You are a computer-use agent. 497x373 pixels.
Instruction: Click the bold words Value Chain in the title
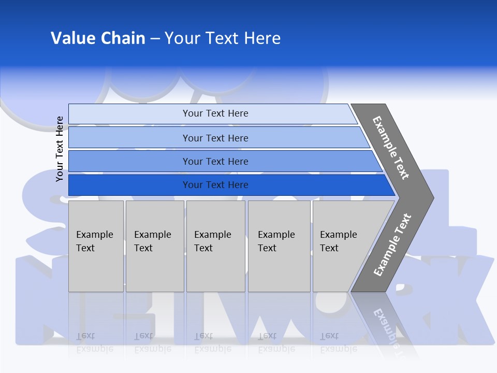pos(98,38)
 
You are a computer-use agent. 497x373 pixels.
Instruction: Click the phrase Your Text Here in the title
pos(223,38)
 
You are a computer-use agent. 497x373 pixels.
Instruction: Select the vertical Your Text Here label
pos(60,149)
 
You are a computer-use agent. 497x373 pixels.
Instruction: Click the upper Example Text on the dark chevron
pos(391,148)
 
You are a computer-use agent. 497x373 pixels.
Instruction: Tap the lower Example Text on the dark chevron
pos(392,245)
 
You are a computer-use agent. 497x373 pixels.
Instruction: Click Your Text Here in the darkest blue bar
pos(215,185)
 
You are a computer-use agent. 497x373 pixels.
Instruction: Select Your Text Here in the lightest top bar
pos(215,113)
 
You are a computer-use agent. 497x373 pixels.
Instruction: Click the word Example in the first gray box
pos(94,235)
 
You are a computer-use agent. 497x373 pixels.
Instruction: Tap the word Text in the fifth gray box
pos(329,248)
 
